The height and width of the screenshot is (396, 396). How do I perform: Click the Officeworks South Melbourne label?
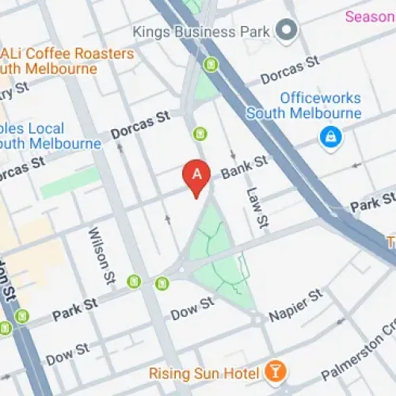click(303, 106)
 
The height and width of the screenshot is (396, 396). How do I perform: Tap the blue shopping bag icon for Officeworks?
click(326, 137)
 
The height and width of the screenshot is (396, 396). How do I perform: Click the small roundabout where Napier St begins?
click(257, 318)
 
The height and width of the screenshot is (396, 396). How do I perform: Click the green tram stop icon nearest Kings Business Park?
click(211, 64)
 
